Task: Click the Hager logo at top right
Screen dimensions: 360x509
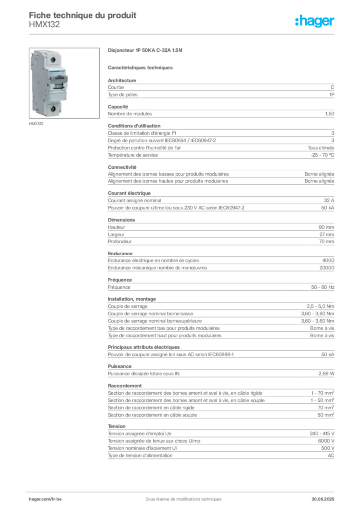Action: click(314, 21)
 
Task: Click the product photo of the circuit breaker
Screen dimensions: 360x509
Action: click(64, 83)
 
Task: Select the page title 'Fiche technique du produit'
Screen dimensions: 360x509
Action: click(83, 15)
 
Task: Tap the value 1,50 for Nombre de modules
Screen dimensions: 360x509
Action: click(330, 114)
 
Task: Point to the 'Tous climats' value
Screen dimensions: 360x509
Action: click(321, 148)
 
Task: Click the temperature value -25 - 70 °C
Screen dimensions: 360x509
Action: click(322, 155)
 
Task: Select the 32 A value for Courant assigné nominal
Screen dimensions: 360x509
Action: click(329, 201)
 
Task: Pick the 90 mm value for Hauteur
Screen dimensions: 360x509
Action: click(326, 227)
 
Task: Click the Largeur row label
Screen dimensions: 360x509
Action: click(116, 235)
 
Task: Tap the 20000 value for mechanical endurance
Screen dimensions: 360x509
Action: click(327, 268)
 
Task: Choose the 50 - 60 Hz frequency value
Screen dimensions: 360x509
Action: click(322, 287)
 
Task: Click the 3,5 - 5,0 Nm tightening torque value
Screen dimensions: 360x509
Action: click(320, 306)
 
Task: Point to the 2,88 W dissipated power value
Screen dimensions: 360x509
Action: click(326, 374)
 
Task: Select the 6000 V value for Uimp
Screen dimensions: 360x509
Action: click(326, 441)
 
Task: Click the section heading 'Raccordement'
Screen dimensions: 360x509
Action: click(125, 386)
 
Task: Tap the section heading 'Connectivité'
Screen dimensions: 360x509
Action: click(122, 167)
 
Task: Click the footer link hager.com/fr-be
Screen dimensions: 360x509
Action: click(45, 499)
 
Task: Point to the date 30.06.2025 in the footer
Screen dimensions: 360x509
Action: click(323, 499)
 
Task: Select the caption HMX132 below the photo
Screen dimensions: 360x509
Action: click(36, 124)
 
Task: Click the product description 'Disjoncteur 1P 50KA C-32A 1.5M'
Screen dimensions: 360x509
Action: click(145, 50)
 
